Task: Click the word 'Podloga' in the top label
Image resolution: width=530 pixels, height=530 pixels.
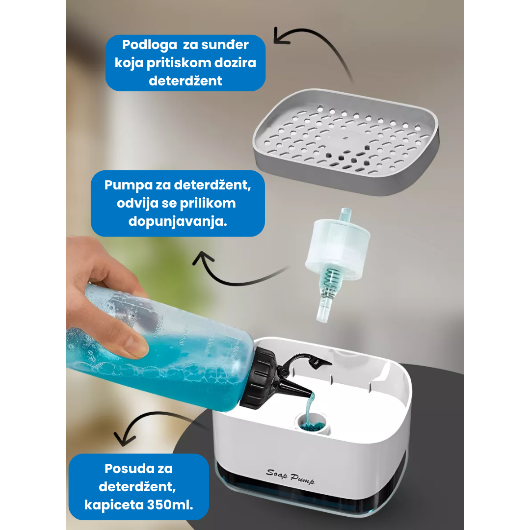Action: point(149,45)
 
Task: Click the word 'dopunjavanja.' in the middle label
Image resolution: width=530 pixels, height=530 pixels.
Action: point(178,221)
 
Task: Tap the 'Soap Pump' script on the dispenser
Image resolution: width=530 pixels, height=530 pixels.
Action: point(290,477)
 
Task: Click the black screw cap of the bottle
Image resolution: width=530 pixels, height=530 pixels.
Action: point(259,377)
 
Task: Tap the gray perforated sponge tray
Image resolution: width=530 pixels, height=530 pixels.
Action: point(346,142)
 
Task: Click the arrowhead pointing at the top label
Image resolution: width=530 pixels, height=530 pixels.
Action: point(281,36)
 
